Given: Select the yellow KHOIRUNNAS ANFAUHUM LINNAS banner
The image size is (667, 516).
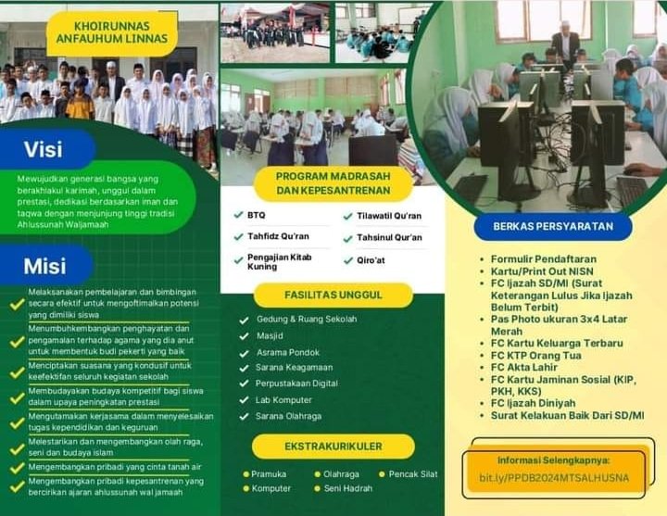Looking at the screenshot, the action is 112,32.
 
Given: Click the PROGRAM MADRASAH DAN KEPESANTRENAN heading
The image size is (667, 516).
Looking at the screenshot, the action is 333,183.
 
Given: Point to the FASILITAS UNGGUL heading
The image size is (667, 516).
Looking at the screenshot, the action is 333,295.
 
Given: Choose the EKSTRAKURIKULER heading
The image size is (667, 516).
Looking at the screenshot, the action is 333,447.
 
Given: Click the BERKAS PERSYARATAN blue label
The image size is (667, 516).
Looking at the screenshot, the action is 553,226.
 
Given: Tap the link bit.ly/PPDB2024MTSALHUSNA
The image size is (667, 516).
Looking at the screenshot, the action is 554,478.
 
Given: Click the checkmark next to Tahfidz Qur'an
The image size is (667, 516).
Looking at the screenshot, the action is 238,236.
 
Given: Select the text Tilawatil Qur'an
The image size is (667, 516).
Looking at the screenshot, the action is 389,216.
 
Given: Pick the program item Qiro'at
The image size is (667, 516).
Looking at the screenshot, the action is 371,260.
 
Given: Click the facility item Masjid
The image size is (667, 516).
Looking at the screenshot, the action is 270,336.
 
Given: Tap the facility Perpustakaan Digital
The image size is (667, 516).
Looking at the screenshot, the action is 296,384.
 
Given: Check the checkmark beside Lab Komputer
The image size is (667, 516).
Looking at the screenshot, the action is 244,400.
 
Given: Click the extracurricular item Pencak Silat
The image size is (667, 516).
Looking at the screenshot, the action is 412,474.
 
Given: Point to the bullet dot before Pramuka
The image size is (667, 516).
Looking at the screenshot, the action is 245,474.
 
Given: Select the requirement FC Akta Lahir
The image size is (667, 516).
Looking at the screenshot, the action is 523,367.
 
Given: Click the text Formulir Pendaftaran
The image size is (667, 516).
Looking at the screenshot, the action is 544,259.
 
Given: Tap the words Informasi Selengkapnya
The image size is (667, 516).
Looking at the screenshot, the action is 553,460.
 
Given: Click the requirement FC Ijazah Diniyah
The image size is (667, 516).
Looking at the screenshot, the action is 533,403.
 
